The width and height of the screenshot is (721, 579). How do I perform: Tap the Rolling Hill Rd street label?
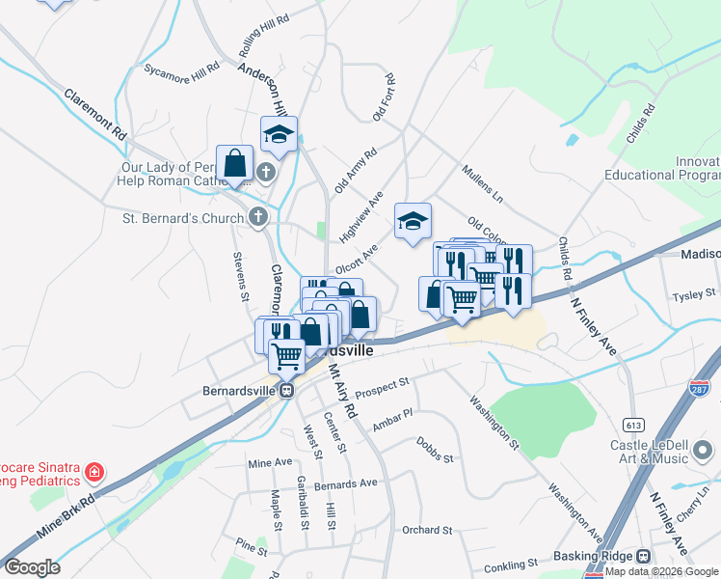(264, 36)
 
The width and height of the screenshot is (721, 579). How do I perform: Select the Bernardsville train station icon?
(286, 391)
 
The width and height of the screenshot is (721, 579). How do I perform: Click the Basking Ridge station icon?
(643, 557)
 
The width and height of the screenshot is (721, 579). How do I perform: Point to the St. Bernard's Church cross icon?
(257, 217)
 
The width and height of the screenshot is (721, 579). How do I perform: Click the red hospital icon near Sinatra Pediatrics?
(94, 472)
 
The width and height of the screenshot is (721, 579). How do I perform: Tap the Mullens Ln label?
(483, 182)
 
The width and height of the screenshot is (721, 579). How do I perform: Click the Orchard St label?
(427, 530)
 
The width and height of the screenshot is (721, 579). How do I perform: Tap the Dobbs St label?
(435, 449)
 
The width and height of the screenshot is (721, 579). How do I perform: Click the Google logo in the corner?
(32, 567)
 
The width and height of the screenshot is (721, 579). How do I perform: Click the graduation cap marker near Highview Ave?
(413, 223)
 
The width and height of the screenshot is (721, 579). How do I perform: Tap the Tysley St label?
(694, 293)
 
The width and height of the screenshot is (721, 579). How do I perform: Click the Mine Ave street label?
(269, 463)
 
